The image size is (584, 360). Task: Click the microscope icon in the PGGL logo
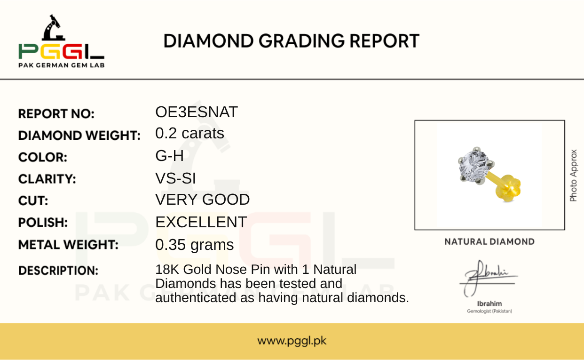pyautogui.click(x=53, y=28)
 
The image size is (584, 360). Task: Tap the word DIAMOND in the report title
pyautogui.click(x=208, y=41)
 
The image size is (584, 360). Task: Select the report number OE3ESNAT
pyautogui.click(x=197, y=112)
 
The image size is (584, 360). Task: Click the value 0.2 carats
pyautogui.click(x=189, y=133)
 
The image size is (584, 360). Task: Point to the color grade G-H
pyautogui.click(x=169, y=156)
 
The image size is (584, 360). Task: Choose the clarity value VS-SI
pyautogui.click(x=175, y=178)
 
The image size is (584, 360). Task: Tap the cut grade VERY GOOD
pyautogui.click(x=203, y=200)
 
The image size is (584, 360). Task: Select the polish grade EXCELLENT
pyautogui.click(x=201, y=222)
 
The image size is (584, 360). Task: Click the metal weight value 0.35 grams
pyautogui.click(x=195, y=245)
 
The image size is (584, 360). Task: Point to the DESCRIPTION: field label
pyautogui.click(x=58, y=271)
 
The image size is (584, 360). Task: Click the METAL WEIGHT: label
pyautogui.click(x=68, y=245)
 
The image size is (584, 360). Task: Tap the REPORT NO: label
pyautogui.click(x=56, y=114)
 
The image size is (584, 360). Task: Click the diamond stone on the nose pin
pyautogui.click(x=475, y=166)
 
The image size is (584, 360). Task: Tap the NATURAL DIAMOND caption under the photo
pyautogui.click(x=489, y=241)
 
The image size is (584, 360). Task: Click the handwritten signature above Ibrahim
pyautogui.click(x=488, y=278)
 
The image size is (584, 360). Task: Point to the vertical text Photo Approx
pyautogui.click(x=573, y=176)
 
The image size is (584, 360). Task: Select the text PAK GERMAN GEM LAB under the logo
pyautogui.click(x=62, y=65)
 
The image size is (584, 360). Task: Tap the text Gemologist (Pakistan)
pyautogui.click(x=489, y=311)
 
